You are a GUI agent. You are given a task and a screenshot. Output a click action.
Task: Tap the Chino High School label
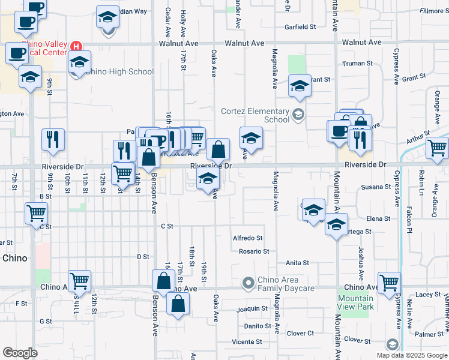coord(119,72)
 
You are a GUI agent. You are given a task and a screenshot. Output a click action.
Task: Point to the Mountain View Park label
coord(355,302)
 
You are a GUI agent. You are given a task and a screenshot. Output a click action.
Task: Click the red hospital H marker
coord(76,46)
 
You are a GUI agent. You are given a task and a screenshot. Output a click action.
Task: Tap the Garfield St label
coord(300,27)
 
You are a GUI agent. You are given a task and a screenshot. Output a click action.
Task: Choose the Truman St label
coord(354,64)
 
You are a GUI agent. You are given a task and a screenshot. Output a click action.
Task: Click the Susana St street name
coord(376,187)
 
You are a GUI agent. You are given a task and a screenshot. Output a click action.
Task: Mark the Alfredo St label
coord(248,238)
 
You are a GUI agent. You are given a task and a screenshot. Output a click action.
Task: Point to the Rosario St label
coord(253,251)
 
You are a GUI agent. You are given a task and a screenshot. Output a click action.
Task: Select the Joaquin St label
coord(252,308)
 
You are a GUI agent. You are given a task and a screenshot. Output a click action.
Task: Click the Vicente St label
coord(247,342)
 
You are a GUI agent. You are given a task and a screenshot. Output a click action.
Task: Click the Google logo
coord(20,353)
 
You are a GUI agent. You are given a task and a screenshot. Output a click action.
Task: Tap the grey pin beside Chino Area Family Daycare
coord(247,282)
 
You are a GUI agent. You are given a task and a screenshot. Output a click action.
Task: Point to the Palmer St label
coord(428,334)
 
